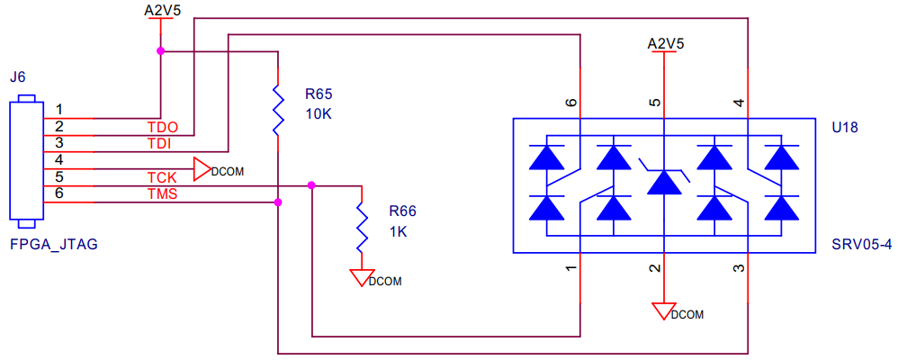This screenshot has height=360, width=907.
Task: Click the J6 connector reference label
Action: pos(17,79)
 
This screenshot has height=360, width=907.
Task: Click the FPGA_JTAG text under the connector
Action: pos(53,244)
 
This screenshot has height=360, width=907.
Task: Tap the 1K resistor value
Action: pos(399,231)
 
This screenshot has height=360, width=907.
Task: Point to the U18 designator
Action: pos(844,127)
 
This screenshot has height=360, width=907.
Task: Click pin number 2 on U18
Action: pos(656,268)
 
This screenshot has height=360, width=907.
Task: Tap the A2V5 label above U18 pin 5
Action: pos(665,42)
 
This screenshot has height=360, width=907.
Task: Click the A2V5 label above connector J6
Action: pos(161,11)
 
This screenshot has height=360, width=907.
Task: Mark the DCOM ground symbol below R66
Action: pos(363,277)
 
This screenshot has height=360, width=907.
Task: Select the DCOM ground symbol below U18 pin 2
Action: pos(665,311)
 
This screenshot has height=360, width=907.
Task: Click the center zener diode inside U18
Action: pos(664,181)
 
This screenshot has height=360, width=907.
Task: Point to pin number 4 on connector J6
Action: pos(58,159)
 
